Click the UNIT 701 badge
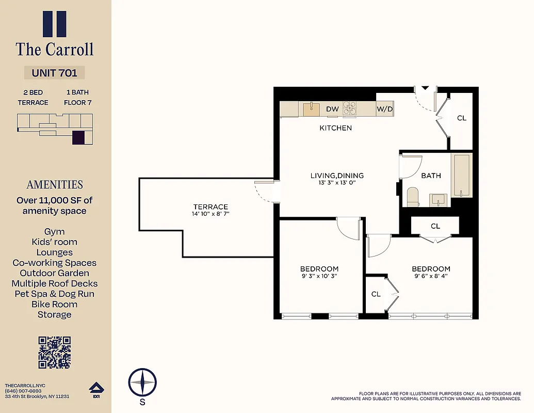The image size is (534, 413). (x=54, y=73)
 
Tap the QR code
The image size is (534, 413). (x=54, y=353)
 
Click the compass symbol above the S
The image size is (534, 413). (x=142, y=383)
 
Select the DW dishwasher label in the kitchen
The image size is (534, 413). (x=332, y=109)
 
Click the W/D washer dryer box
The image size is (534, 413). (x=384, y=109)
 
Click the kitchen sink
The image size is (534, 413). (x=311, y=108)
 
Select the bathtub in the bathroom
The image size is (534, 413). (x=462, y=175)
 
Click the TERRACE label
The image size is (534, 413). (x=211, y=206)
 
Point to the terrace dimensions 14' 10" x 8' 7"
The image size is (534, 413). (x=211, y=213)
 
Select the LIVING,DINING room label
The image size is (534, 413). (x=337, y=176)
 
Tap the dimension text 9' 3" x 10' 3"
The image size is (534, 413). (x=319, y=276)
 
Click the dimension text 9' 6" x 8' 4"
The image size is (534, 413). (x=431, y=276)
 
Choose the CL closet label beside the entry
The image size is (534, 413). (x=462, y=118)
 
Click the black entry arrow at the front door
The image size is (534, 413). (x=425, y=88)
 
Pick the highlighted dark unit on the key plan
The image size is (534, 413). (x=78, y=138)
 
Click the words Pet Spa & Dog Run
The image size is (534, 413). (x=54, y=294)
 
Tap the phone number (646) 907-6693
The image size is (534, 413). (x=23, y=391)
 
